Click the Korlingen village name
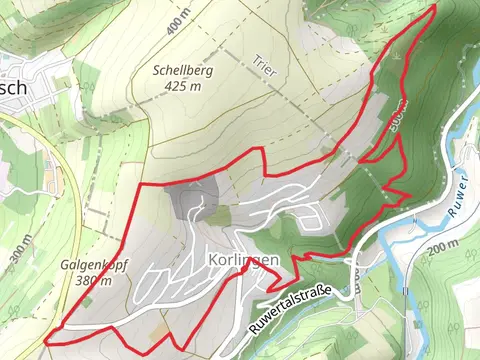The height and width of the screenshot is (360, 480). pyautogui.click(x=245, y=259)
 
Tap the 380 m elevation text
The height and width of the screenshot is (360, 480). pyautogui.click(x=92, y=281)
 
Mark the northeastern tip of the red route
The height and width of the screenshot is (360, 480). pyautogui.click(x=436, y=5)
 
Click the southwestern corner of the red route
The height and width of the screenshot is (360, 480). pyautogui.click(x=46, y=341)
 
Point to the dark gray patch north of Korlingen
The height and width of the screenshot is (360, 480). pyautogui.click(x=190, y=201)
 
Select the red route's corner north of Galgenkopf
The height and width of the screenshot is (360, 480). pyautogui.click(x=136, y=188)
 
